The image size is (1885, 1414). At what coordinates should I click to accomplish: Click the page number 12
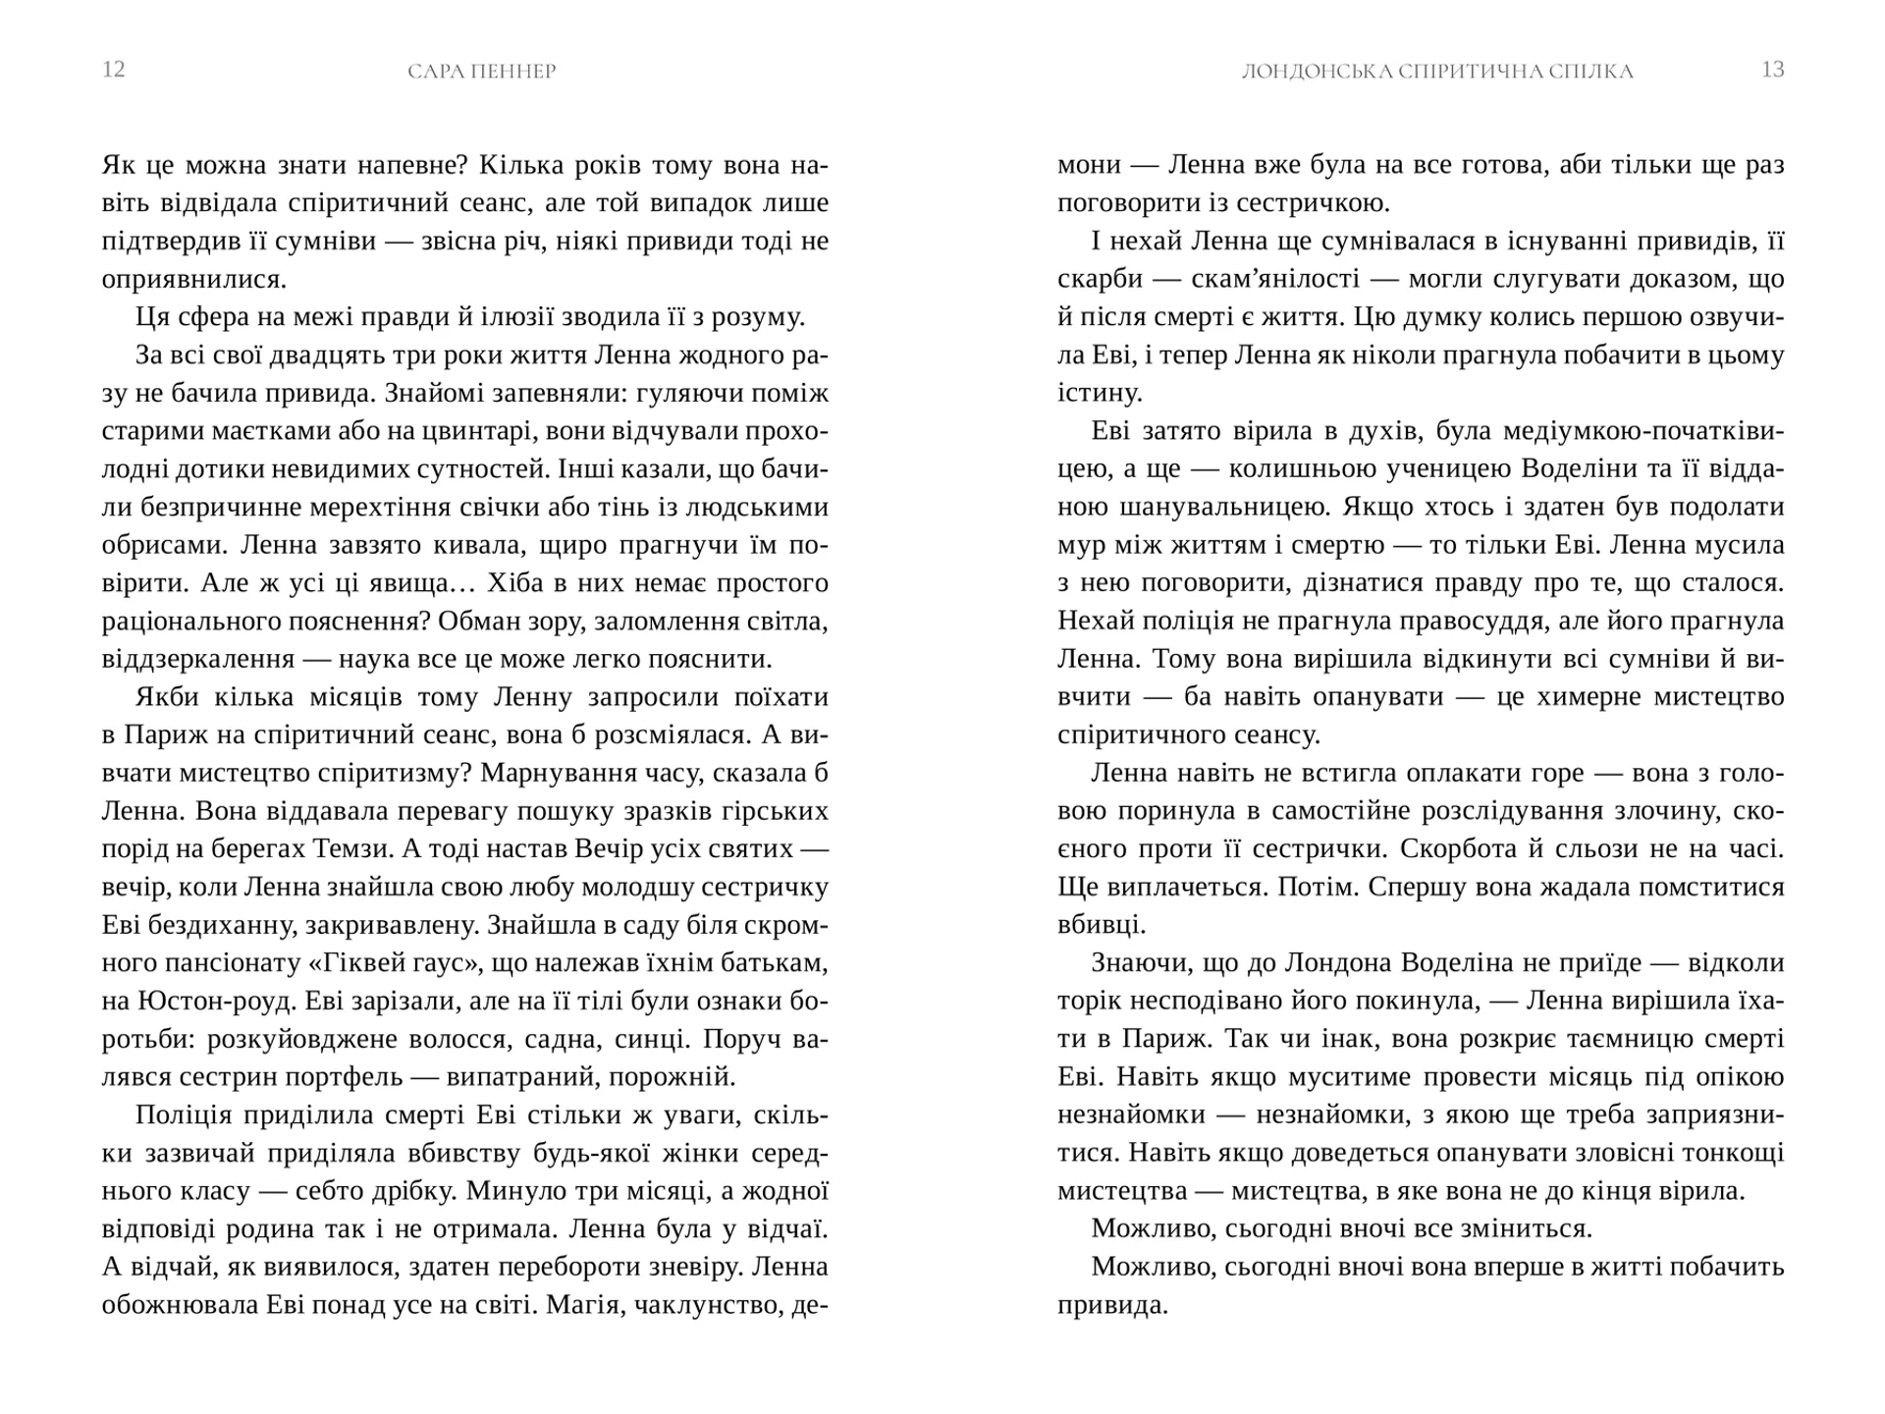point(114,70)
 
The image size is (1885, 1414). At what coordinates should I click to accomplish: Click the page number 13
point(1772,70)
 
